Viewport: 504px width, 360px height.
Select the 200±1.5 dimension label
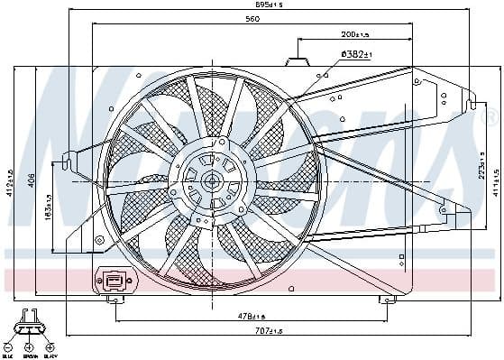coord(355,35)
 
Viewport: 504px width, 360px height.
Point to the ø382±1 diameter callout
coord(357,55)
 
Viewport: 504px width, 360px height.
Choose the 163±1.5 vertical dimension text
coord(48,203)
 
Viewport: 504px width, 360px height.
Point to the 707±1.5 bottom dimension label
coord(268,331)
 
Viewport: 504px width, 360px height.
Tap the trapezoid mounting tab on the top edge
coord(297,62)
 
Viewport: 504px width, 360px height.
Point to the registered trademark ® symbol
coord(490,115)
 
